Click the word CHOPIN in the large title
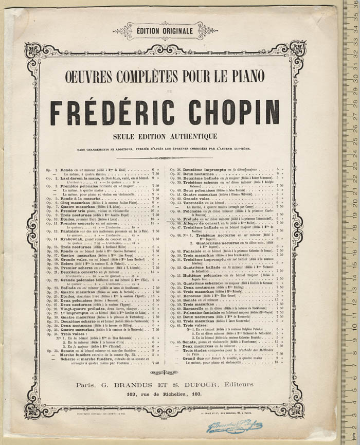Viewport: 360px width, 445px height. coord(234,113)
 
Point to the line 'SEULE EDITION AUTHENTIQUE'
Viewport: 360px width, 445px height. coord(165,136)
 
